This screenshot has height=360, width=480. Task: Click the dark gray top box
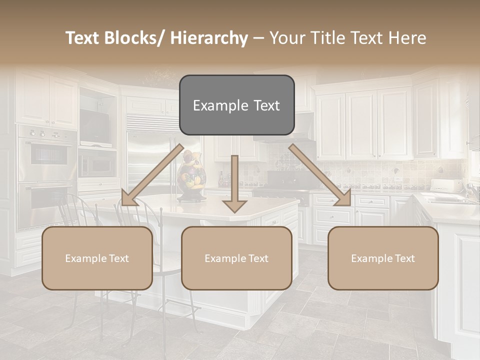(236, 105)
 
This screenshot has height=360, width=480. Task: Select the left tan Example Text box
(97, 258)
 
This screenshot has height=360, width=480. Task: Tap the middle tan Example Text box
(236, 258)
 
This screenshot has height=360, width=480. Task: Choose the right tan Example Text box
(383, 258)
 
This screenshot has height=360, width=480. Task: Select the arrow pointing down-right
(320, 175)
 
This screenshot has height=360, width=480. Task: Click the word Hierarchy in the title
(209, 38)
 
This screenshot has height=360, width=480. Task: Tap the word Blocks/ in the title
(139, 38)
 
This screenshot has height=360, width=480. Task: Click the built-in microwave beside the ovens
(97, 162)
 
